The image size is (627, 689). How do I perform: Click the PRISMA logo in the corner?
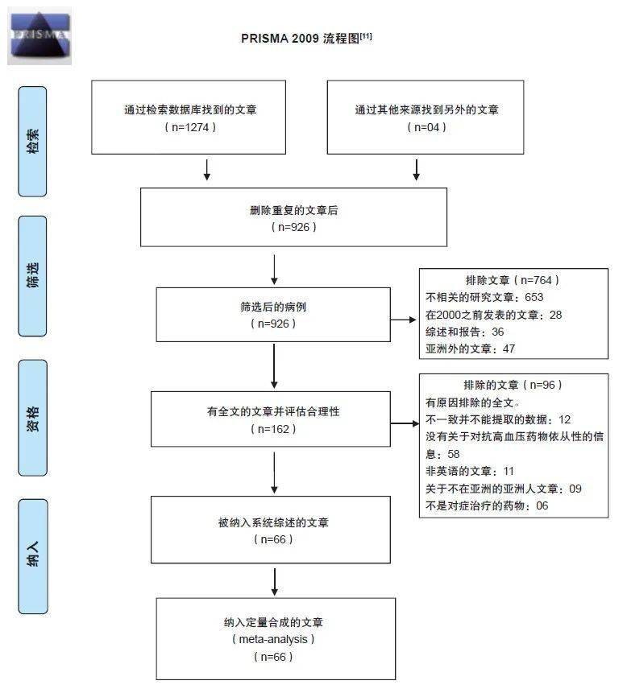click(39, 36)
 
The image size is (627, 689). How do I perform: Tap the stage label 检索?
click(33, 140)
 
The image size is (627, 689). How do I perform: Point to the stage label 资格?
click(33, 418)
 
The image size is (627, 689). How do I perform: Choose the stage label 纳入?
click(33, 556)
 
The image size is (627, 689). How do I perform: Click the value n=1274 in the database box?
click(190, 127)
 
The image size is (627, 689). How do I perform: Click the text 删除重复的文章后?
click(293, 210)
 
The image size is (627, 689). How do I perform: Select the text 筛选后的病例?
click(274, 307)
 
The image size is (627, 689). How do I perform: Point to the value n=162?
click(274, 429)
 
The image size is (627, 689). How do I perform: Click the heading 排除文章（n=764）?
click(512, 280)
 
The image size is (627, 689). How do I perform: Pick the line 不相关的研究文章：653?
click(484, 297)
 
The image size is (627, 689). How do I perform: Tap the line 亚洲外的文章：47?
click(470, 349)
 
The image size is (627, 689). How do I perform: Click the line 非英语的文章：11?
click(470, 471)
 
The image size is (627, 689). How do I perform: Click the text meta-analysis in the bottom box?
click(273, 639)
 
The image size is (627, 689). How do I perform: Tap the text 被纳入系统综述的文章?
click(273, 522)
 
